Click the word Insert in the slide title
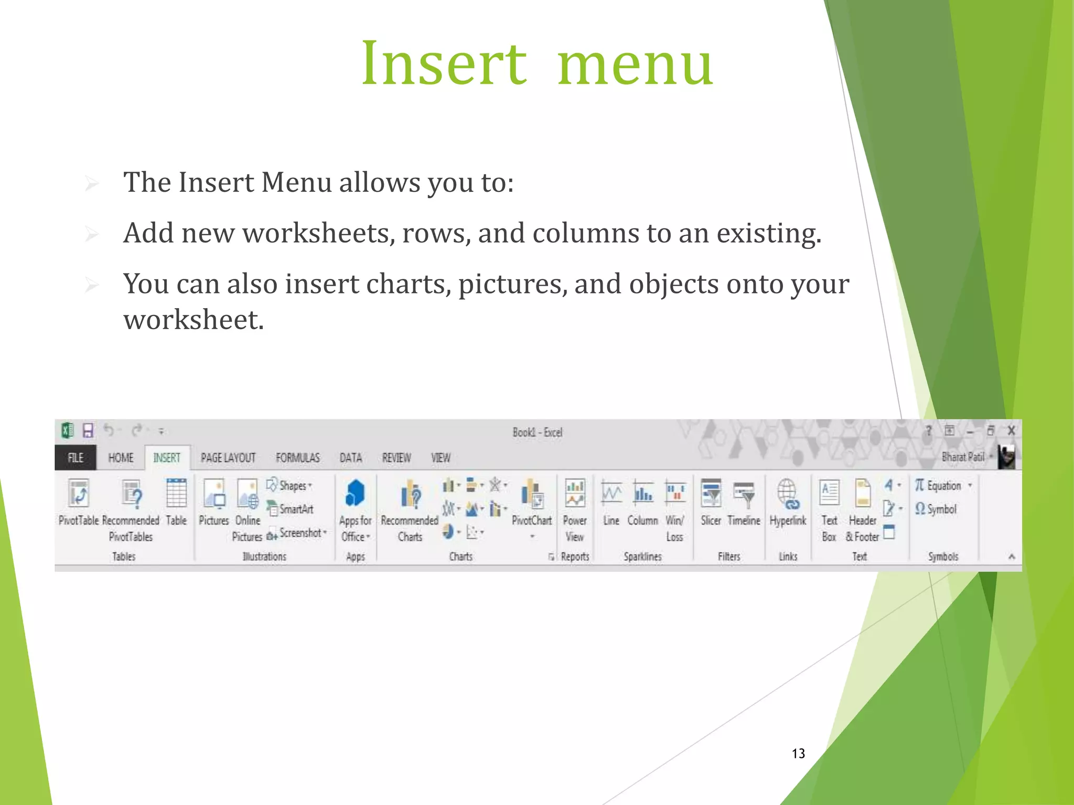(444, 64)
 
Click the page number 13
(798, 754)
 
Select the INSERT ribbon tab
(167, 458)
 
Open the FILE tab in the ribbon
(76, 458)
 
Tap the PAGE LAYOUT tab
(228, 458)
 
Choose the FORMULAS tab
(297, 458)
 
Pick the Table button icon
(176, 493)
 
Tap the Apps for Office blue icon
(355, 493)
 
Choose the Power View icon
(575, 493)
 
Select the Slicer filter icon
(711, 493)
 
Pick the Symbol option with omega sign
(936, 509)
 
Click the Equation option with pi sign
(939, 486)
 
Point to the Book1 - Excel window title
(537, 432)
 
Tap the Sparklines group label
(642, 557)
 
